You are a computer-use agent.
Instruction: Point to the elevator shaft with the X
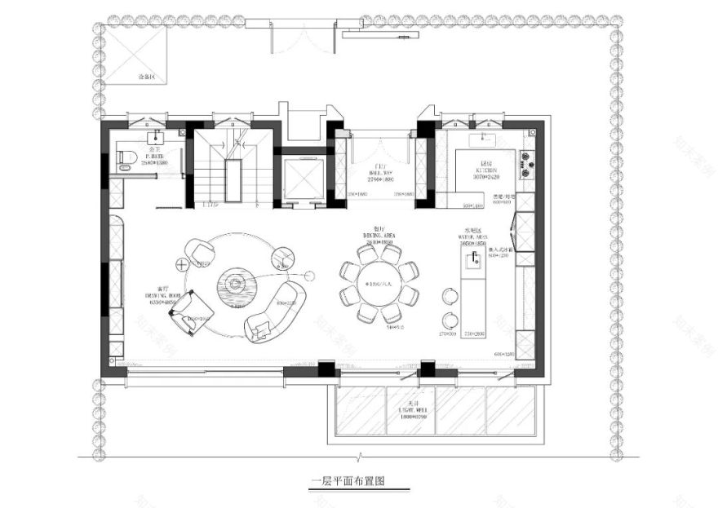pyautogui.click(x=304, y=179)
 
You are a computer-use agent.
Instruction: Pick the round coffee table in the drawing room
pyautogui.click(x=236, y=285)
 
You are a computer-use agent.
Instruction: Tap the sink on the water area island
pyautogui.click(x=472, y=261)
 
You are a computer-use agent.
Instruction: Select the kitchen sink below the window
pyautogui.click(x=489, y=136)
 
